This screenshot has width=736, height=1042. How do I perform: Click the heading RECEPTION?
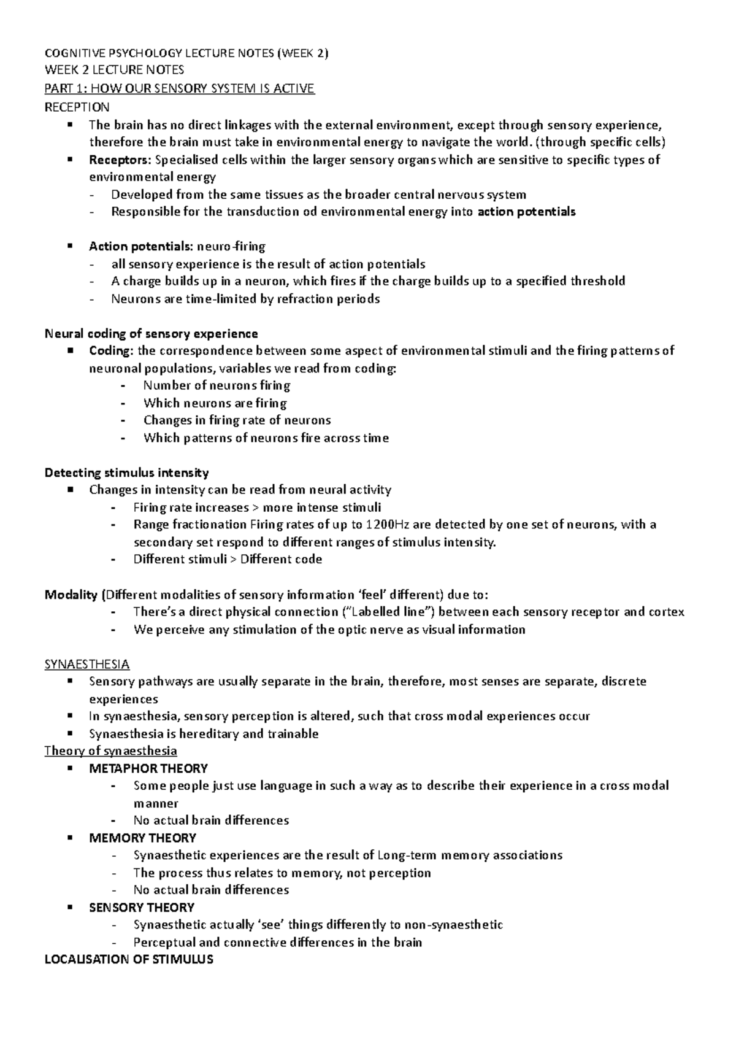click(77, 107)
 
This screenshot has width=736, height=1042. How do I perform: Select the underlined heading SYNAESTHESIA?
click(87, 665)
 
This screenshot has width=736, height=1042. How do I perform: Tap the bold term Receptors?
click(120, 160)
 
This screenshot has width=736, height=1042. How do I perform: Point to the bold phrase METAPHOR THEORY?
click(148, 768)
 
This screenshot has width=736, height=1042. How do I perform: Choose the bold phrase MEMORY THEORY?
click(142, 838)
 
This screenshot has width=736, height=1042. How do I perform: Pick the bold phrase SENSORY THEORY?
click(142, 908)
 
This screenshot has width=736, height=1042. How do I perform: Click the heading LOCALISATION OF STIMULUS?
click(129, 960)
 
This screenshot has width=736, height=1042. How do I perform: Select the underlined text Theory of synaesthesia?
click(111, 751)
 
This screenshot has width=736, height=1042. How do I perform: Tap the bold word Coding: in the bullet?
click(112, 351)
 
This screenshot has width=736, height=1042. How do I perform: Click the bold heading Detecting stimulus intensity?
click(127, 473)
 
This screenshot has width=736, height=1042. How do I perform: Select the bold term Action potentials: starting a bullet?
click(140, 247)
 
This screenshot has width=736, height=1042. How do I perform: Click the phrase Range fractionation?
click(190, 525)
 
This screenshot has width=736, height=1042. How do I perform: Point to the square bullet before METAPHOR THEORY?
click(72, 768)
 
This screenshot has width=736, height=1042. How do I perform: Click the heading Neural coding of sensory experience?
click(151, 334)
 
